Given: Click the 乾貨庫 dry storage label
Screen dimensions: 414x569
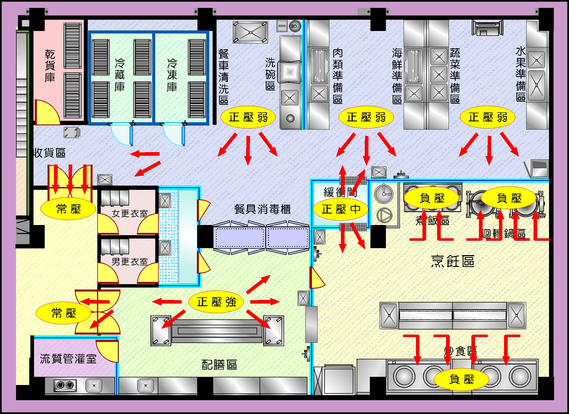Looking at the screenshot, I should [50, 66].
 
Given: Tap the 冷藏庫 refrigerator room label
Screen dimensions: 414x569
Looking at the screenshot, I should [120, 75].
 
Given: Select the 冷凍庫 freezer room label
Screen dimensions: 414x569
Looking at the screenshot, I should [172, 75].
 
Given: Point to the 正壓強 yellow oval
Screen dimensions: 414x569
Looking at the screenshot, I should [216, 302].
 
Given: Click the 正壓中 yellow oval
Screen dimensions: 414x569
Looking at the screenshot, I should [341, 209].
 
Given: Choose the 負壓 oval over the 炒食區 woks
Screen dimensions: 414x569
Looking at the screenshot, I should [461, 379].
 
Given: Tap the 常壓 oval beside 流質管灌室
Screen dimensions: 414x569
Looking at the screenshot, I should [64, 313].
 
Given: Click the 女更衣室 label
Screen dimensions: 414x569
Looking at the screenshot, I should [130, 213].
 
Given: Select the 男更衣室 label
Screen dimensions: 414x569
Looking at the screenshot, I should [130, 262].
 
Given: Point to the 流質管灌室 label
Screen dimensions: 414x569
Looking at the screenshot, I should [68, 359].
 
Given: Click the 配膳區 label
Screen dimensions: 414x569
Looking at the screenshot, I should [219, 365].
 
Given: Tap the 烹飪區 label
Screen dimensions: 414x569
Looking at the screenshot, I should [453, 261].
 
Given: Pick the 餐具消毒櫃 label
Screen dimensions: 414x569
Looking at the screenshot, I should [262, 209].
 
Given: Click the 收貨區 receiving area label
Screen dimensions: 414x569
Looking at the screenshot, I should [50, 153].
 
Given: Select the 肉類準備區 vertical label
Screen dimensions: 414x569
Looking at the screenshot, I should [338, 76].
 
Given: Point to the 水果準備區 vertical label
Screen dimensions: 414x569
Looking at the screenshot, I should [521, 74].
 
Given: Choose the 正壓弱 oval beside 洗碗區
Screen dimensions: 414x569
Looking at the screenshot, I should [248, 117].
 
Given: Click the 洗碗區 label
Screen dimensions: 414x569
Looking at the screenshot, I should [270, 74].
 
